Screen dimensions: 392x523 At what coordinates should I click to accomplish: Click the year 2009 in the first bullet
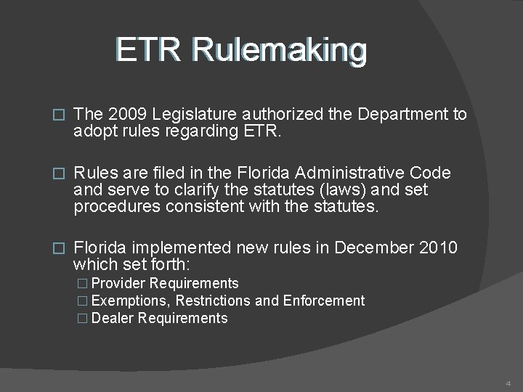(121, 114)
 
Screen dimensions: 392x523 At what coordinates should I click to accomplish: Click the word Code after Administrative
(429, 173)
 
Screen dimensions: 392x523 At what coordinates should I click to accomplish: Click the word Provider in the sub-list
(121, 283)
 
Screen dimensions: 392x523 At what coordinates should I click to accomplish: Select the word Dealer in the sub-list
(114, 318)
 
